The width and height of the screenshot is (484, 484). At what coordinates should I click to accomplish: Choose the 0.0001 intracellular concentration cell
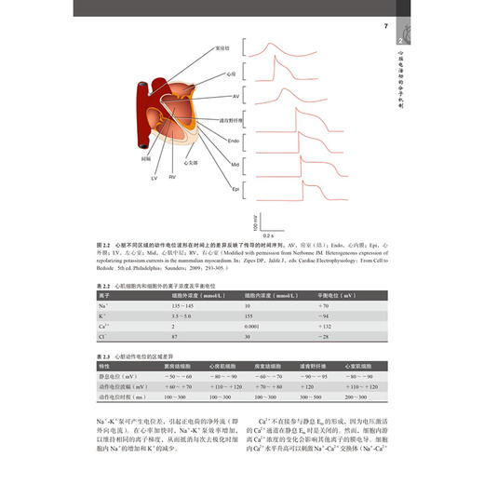pyautogui.click(x=254, y=328)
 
